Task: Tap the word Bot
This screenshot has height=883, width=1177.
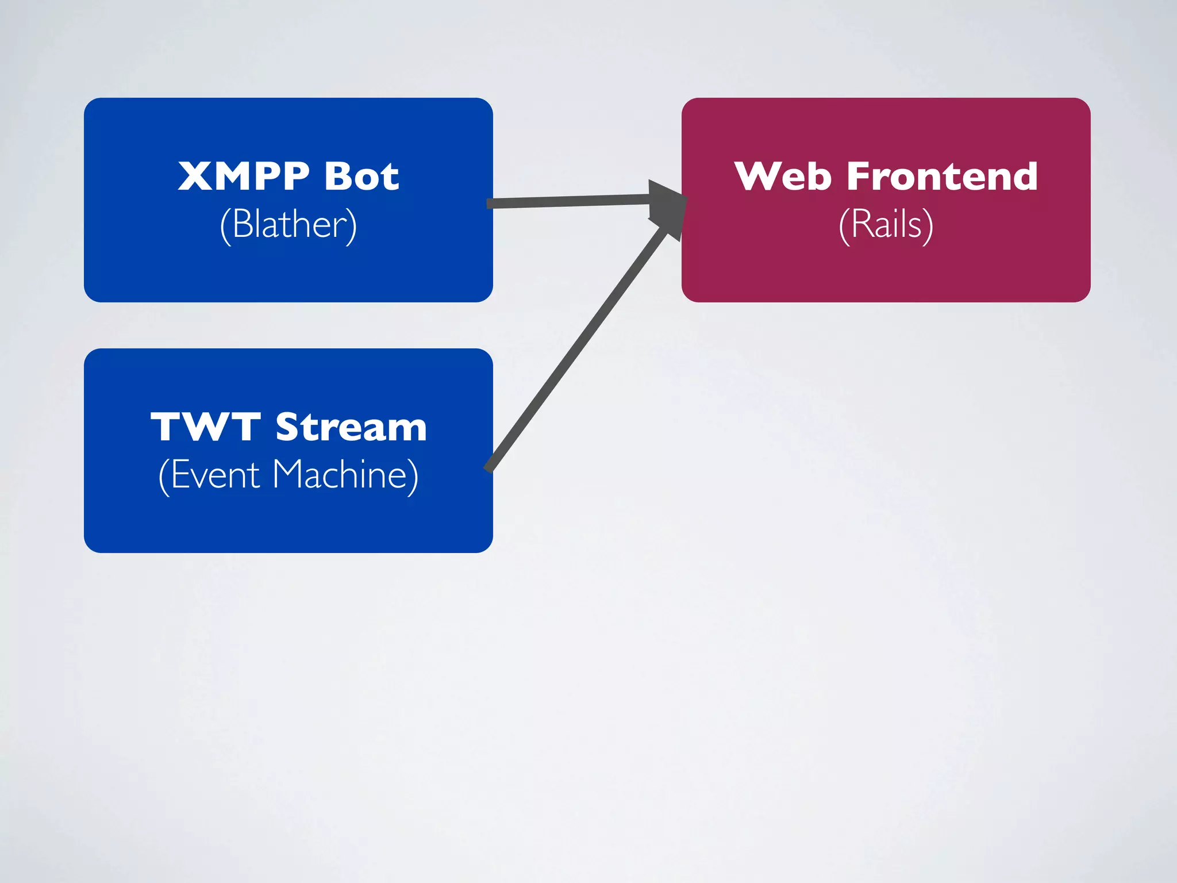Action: tap(361, 176)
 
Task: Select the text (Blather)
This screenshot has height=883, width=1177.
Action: tap(288, 224)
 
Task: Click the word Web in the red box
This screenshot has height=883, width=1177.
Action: tap(783, 176)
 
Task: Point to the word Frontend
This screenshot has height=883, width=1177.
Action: tap(942, 176)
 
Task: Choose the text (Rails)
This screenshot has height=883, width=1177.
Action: tap(886, 224)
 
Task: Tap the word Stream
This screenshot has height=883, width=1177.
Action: tap(351, 427)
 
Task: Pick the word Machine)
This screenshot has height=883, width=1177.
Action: tap(345, 475)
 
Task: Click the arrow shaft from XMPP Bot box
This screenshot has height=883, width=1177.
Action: tap(569, 201)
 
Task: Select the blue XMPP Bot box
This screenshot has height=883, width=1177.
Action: tap(288, 270)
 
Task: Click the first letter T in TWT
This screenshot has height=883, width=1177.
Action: tap(167, 427)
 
